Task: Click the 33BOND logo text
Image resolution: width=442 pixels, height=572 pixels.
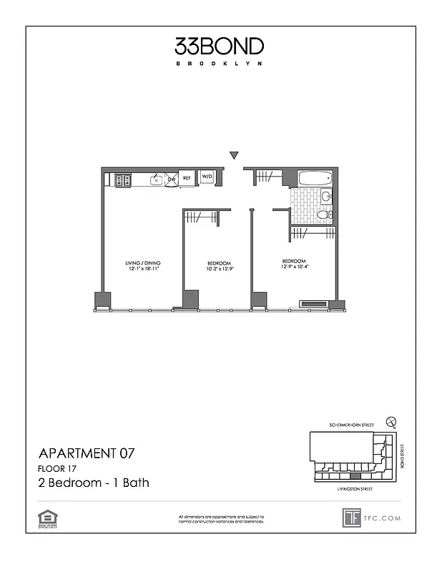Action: point(219,46)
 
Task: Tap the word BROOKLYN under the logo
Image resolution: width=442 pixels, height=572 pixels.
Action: point(219,64)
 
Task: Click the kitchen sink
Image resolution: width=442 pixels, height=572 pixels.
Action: point(156,180)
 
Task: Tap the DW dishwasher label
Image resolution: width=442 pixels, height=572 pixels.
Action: point(172,178)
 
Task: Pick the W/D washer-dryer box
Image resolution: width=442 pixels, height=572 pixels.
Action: point(206,177)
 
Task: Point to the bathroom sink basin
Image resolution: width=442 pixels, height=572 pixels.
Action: point(325,196)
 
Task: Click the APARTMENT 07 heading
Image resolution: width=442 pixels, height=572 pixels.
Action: point(86,453)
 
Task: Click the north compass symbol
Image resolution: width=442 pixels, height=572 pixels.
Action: point(390,422)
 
